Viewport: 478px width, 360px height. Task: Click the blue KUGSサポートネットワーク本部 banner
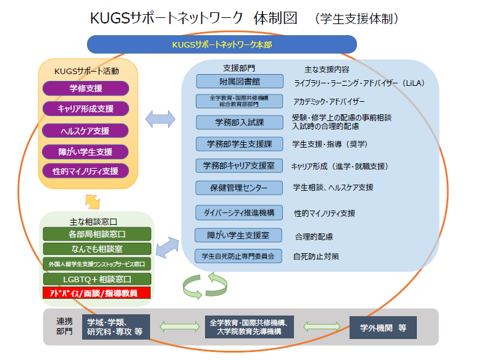pyautogui.click(x=222, y=44)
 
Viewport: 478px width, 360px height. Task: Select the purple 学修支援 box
pyautogui.click(x=86, y=88)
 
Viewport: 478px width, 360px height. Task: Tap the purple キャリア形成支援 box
pyautogui.click(x=86, y=109)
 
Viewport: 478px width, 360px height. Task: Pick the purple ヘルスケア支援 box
pyautogui.click(x=86, y=130)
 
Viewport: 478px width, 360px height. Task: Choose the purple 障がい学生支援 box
pyautogui.click(x=86, y=151)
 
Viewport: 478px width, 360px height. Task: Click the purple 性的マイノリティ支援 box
pyautogui.click(x=86, y=170)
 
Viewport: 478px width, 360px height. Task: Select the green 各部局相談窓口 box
pyautogui.click(x=97, y=234)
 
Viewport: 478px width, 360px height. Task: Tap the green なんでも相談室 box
pyautogui.click(x=97, y=248)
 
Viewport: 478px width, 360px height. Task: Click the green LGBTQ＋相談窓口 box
pyautogui.click(x=97, y=278)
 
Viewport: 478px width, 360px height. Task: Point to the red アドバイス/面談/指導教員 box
pyautogui.click(x=97, y=293)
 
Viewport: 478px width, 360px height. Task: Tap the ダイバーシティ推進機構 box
pyautogui.click(x=239, y=212)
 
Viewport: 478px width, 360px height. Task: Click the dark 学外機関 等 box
pyautogui.click(x=382, y=327)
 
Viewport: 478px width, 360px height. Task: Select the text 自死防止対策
pyautogui.click(x=316, y=256)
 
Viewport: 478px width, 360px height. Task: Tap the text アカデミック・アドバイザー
pyautogui.click(x=329, y=101)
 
